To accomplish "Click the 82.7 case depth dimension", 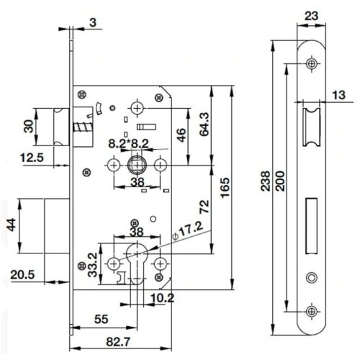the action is [118, 342].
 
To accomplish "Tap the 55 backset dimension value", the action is [102, 319].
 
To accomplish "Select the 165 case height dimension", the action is [225, 188].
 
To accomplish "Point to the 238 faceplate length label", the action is [266, 181].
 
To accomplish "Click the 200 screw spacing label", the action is [280, 181].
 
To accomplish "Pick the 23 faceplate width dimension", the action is [311, 16].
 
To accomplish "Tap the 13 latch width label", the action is [338, 95].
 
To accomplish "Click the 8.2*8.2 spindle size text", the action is [129, 144].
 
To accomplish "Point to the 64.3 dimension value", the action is [204, 125].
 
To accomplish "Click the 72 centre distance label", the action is [204, 207].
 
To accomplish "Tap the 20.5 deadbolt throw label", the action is [22, 274].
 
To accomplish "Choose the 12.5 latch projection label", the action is [32, 158].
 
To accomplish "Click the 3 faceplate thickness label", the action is [93, 22].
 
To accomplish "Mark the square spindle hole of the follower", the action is [137, 165].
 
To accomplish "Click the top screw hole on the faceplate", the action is [312, 63].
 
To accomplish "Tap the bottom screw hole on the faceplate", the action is [312, 312].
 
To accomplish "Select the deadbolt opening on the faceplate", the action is [311, 226].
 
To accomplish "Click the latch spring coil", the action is [83, 127].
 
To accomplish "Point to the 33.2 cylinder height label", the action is [92, 265].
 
